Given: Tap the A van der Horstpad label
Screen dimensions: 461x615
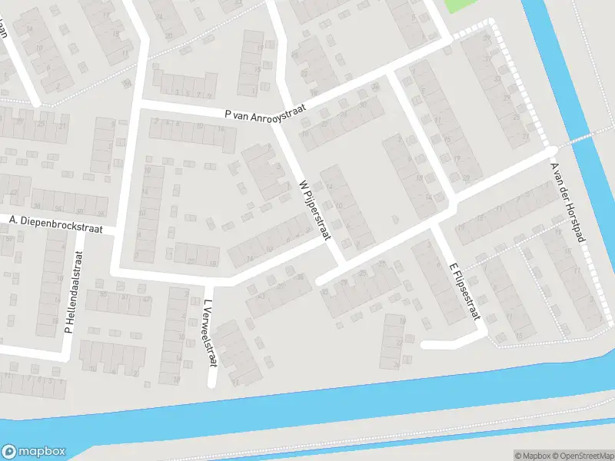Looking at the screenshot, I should pyautogui.click(x=569, y=202).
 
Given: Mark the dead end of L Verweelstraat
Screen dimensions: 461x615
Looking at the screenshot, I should pyautogui.click(x=211, y=383).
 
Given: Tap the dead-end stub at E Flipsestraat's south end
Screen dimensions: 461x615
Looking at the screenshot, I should pyautogui.click(x=425, y=344).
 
